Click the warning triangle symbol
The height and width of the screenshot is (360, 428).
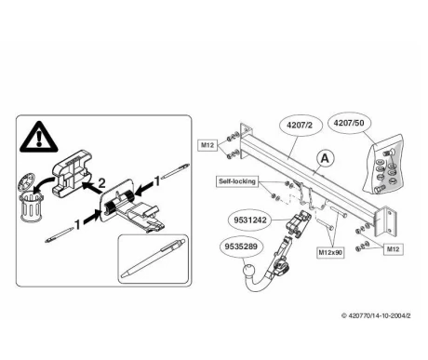coord(39,137)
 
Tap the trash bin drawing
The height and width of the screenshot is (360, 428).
coord(31,206)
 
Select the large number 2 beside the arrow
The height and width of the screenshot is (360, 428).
coord(101,183)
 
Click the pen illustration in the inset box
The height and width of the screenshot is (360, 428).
coord(154,259)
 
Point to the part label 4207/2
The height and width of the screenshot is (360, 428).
coord(300,125)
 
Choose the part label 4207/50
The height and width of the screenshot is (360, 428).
coord(349,123)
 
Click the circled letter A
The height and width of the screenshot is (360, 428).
coord(325,158)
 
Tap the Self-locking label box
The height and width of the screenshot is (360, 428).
coord(237,181)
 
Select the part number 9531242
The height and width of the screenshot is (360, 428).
coord(250,220)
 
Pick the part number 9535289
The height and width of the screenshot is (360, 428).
coord(241,247)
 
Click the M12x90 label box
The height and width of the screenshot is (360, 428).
coord(330,252)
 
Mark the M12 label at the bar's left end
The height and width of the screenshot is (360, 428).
coord(207,145)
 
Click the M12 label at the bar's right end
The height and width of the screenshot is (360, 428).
coord(394,249)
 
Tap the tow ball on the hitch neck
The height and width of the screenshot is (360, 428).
coord(248,271)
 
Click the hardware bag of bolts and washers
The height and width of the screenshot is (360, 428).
coord(383,165)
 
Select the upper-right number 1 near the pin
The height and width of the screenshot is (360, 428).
coord(157,181)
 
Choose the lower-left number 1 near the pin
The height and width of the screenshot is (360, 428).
coord(77,224)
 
